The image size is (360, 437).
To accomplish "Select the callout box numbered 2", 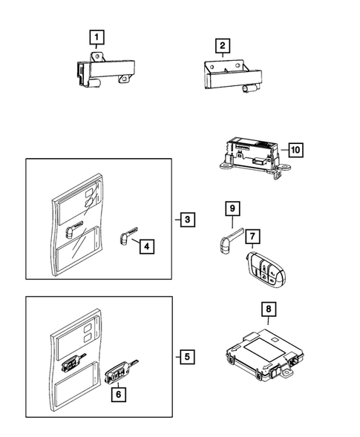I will pyautogui.click(x=222, y=47).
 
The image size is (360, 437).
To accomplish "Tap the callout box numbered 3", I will pyautogui.click(x=189, y=220).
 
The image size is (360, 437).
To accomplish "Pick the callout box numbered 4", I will pyautogui.click(x=148, y=246).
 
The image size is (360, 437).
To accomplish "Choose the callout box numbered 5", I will pyautogui.click(x=189, y=358).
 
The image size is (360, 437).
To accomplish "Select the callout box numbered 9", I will pyautogui.click(x=232, y=208).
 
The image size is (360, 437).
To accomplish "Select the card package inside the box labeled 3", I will pyautogui.click(x=77, y=231).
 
